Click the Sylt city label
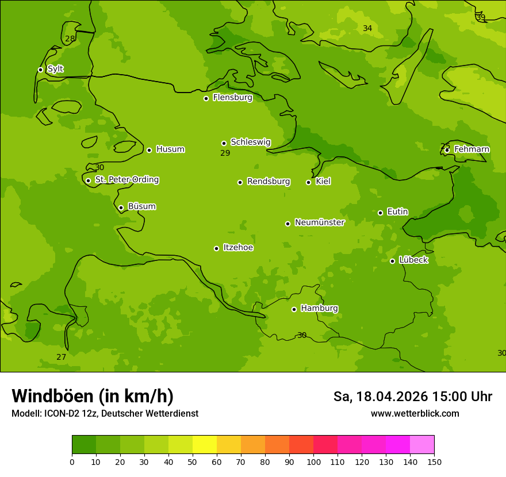pos(55,69)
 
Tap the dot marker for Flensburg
pos(206,98)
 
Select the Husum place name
pos(170,149)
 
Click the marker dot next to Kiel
pos(308,182)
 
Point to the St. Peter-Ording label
pos(126,180)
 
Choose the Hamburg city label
pos(319,309)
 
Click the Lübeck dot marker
pos(392,261)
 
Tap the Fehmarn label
pos(471,149)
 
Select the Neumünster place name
pos(320,222)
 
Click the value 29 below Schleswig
pos(225,153)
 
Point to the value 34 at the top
pos(367,29)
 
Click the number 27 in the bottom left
pos(62,357)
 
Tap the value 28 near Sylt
pos(70,39)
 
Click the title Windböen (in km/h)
pos(93,396)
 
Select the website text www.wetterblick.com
pos(415,414)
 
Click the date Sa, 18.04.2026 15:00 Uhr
pos(412,397)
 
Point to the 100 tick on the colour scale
pos(313,461)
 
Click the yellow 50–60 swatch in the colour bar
pos(205,445)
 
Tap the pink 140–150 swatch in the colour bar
pos(421,445)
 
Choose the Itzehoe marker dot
pos(216,248)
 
